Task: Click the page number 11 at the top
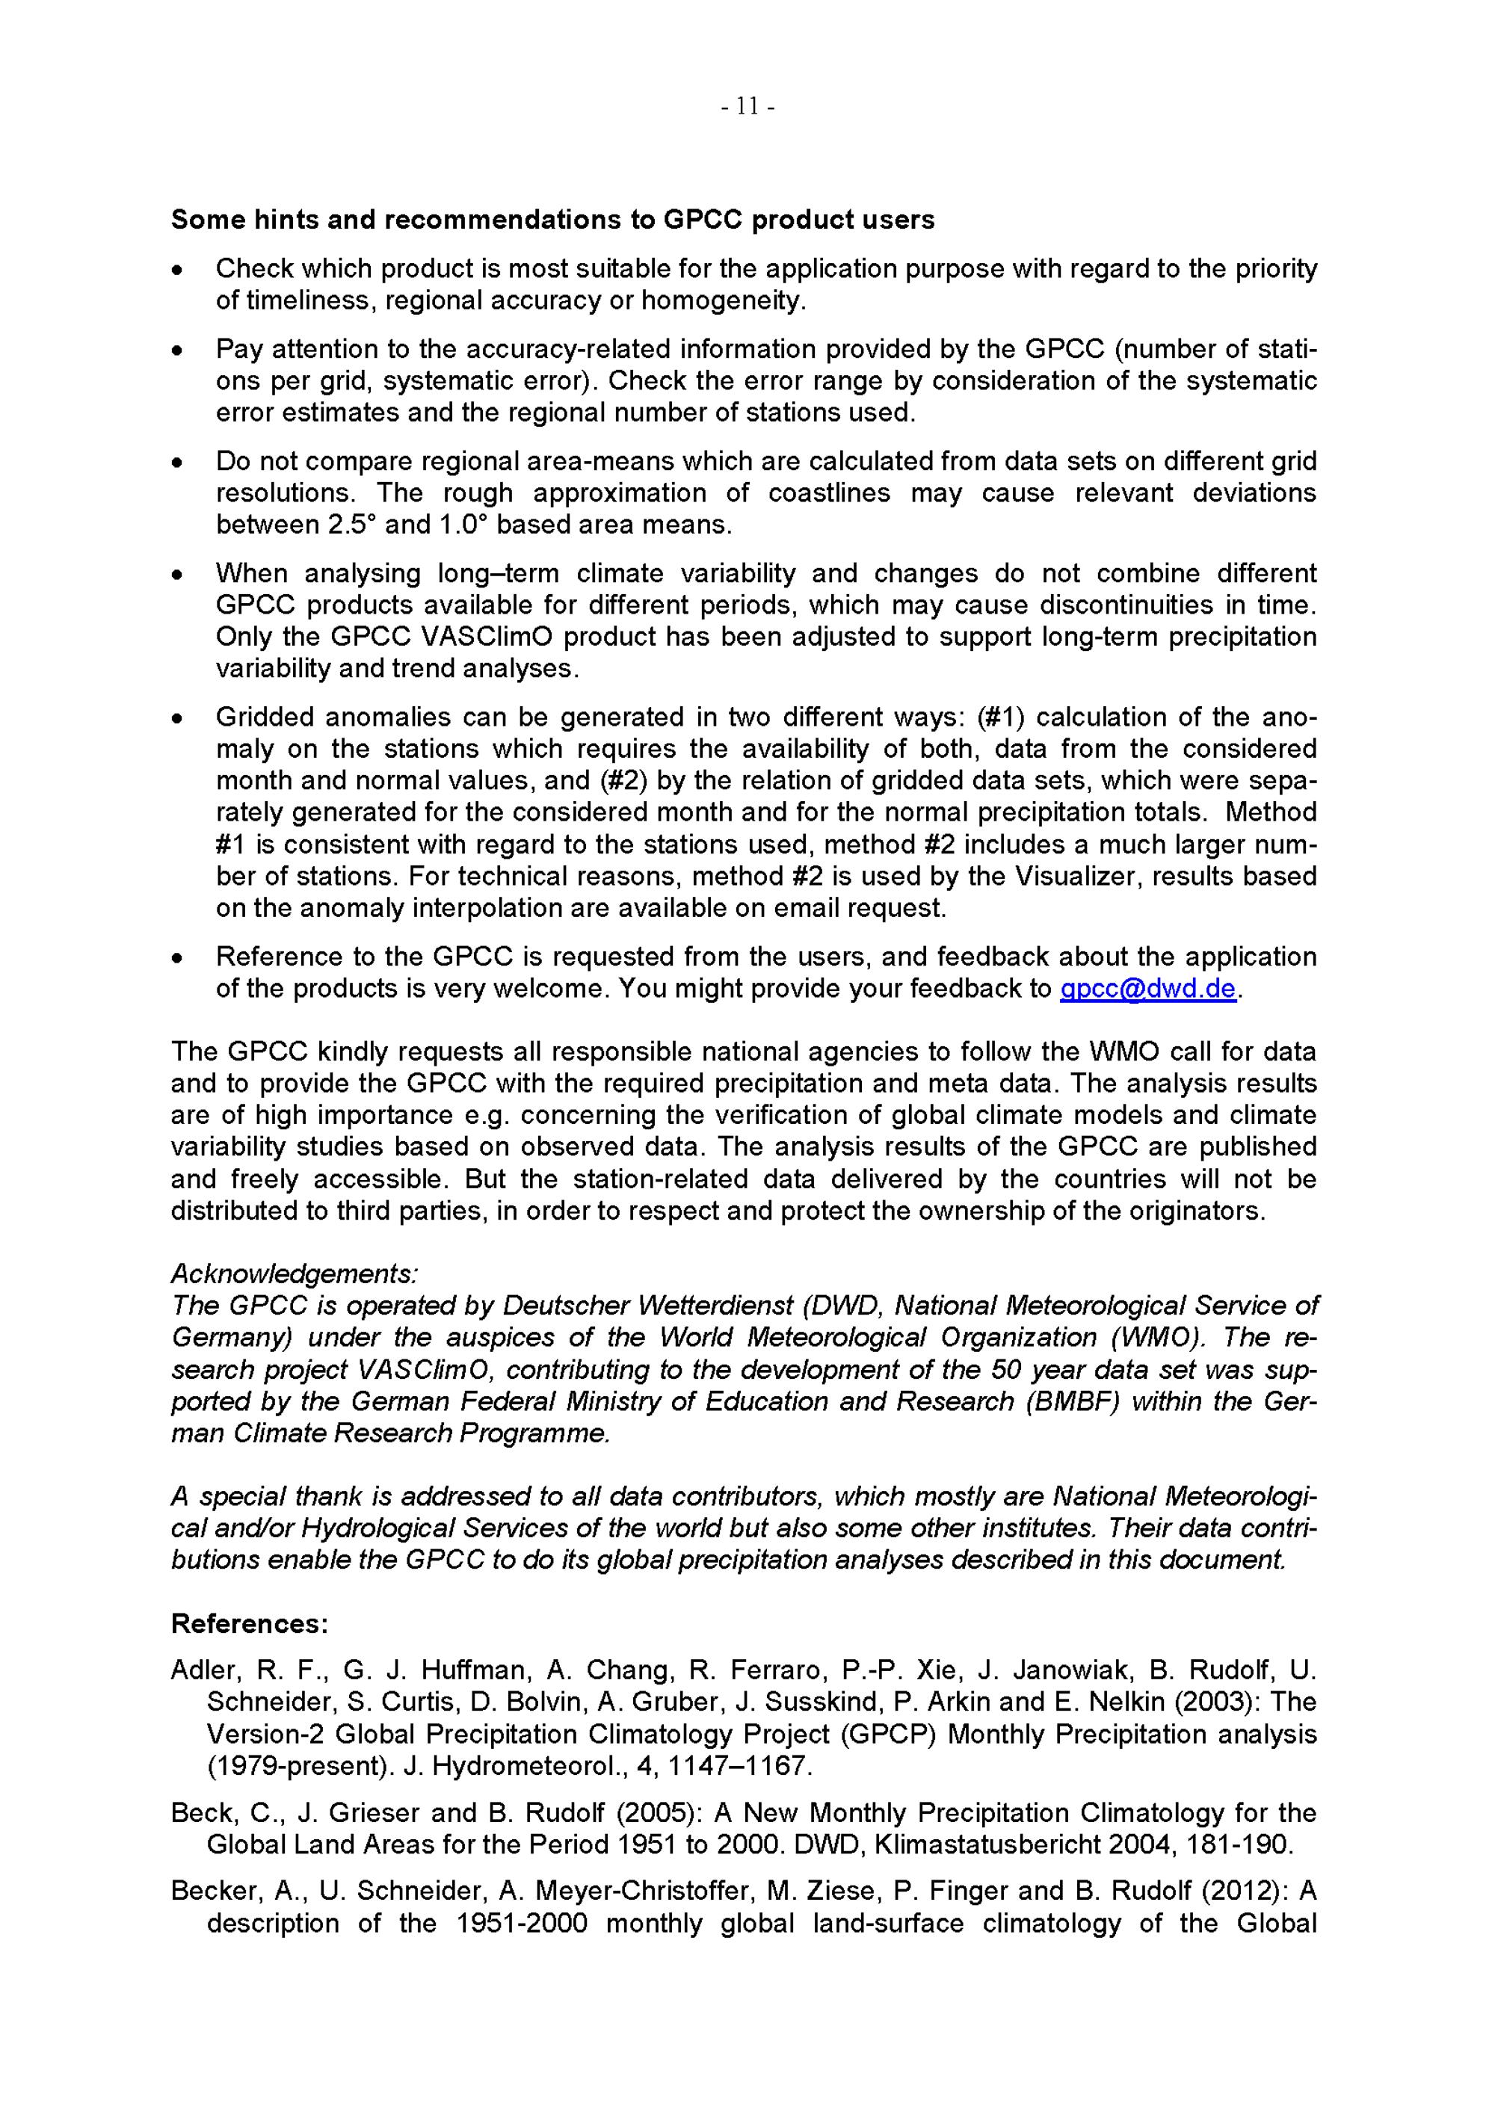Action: (747, 108)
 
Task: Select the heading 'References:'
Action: (250, 1623)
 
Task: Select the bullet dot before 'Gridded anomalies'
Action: (178, 718)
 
